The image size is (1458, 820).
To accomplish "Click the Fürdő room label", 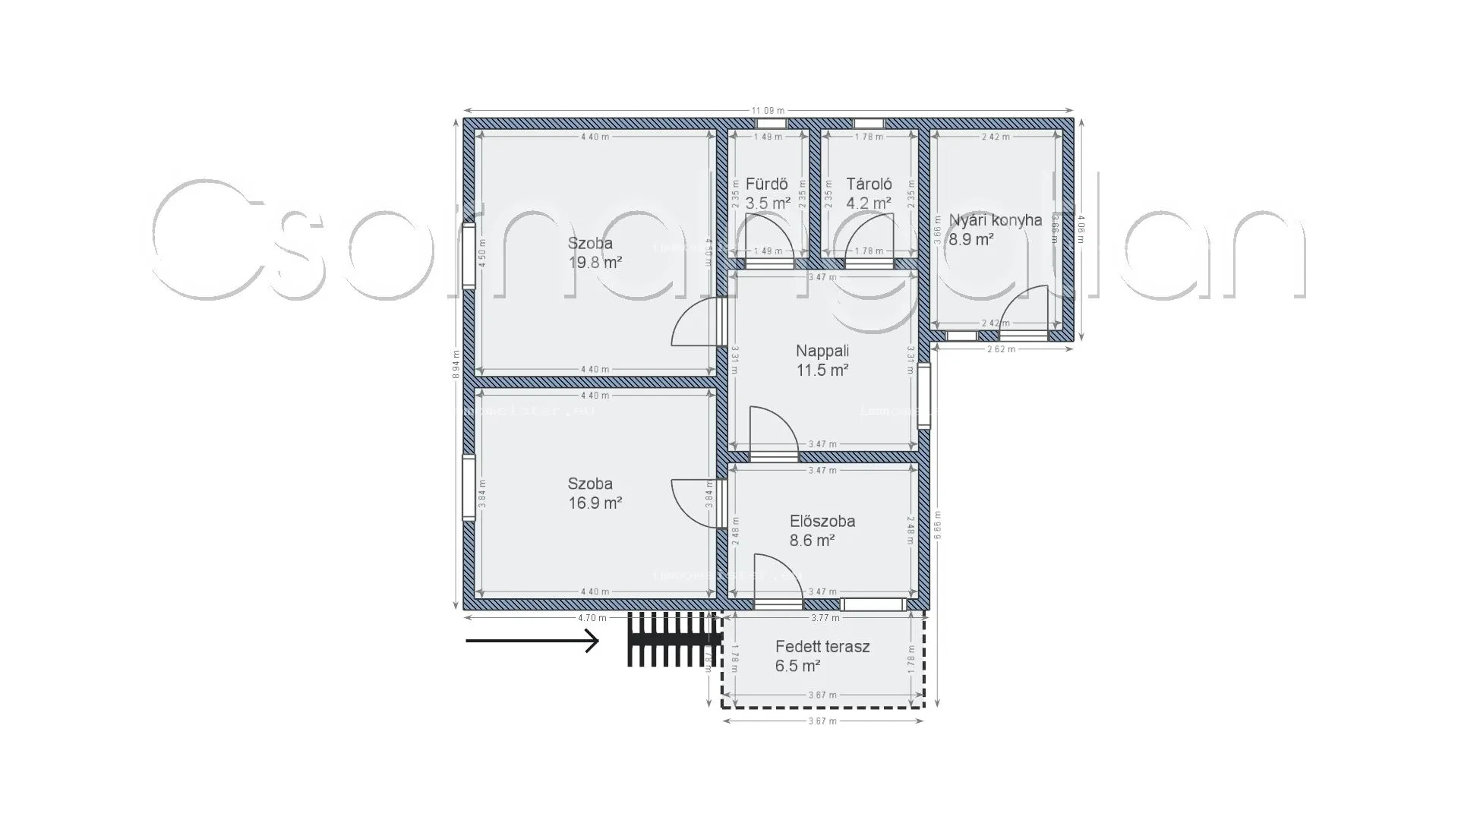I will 766,184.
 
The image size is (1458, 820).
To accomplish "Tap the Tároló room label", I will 869,184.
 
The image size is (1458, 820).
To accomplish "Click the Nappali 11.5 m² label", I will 822,361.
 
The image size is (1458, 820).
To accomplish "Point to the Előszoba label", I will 822,522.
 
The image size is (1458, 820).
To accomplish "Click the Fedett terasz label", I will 822,647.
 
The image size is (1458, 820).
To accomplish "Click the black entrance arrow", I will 532,642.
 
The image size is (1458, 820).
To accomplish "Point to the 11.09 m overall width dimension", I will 768,111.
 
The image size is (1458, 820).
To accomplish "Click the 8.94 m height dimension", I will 456,364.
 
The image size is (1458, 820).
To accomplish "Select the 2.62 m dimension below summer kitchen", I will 1001,349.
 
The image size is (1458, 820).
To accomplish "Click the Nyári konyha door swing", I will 1025,310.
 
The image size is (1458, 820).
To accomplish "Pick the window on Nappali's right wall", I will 923,396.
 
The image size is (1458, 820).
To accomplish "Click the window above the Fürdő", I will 772,123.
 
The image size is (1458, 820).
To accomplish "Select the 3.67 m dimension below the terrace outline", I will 822,721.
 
